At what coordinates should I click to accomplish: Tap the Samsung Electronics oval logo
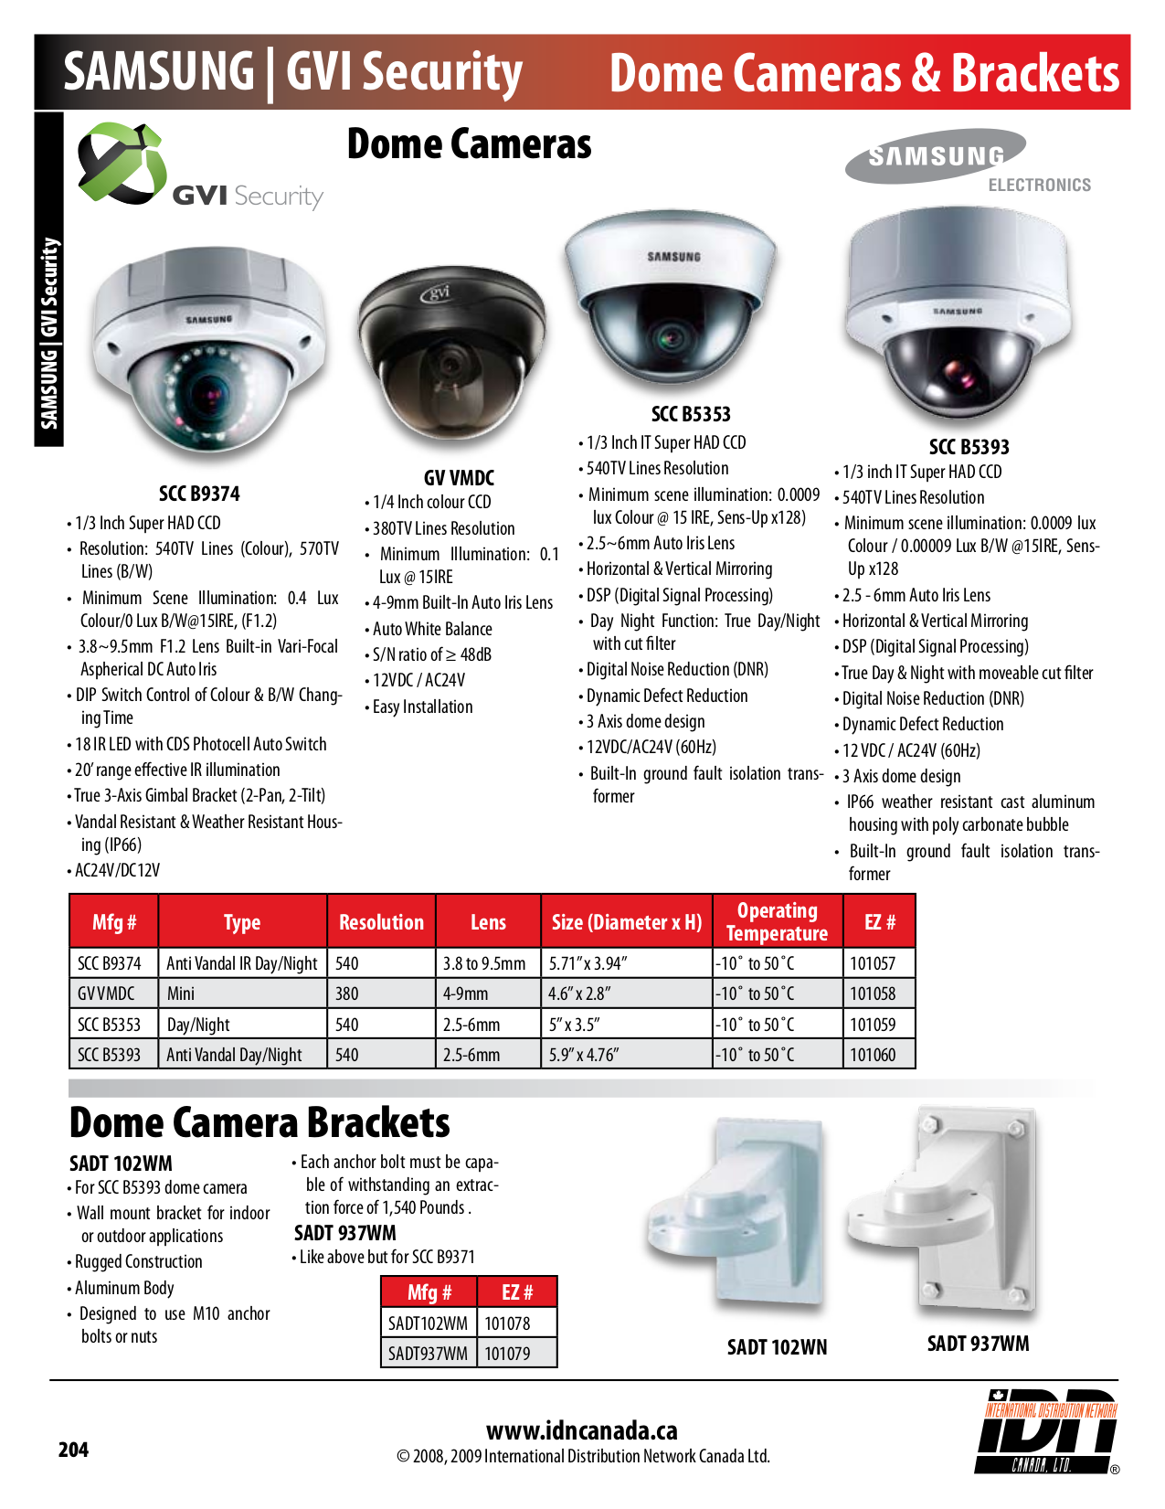point(936,156)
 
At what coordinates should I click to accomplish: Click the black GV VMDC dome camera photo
point(451,352)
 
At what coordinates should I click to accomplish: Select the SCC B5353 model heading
point(691,414)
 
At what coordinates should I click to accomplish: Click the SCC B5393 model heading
point(969,447)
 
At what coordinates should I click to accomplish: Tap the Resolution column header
point(381,922)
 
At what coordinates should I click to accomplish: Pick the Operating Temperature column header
point(777,921)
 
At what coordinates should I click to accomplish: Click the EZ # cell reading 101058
point(873,994)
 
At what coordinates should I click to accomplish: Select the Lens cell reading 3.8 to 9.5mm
point(484,963)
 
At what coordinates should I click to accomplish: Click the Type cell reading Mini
point(181,994)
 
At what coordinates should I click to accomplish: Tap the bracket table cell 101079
point(507,1353)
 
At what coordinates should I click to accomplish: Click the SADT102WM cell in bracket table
point(428,1323)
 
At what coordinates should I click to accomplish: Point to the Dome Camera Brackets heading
point(259,1122)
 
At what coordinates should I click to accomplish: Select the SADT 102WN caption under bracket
point(777,1347)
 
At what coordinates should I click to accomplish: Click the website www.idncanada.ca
point(582,1430)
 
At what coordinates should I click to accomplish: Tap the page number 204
point(73,1449)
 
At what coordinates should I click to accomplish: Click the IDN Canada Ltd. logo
point(1049,1431)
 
